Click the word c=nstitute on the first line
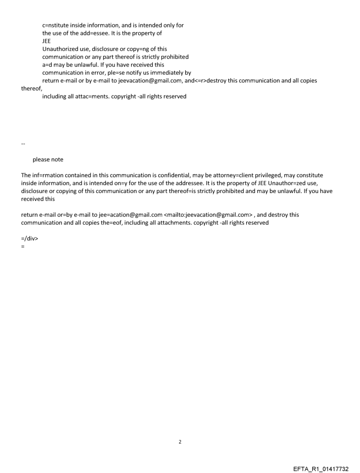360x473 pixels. pos(57,25)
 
